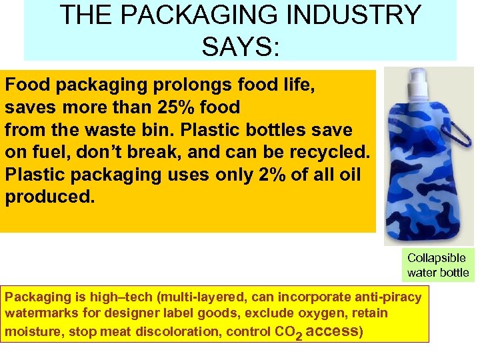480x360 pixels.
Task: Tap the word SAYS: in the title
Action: click(240, 46)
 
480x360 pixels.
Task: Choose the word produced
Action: click(49, 197)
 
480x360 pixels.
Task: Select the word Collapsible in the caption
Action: click(437, 258)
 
